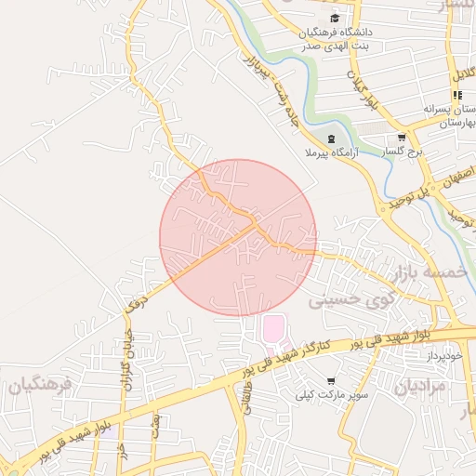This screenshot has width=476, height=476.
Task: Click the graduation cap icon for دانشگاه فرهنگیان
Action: pos(335,18)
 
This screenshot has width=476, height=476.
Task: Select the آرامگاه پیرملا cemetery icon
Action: pos(332,139)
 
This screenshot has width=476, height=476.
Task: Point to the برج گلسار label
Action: pos(405,151)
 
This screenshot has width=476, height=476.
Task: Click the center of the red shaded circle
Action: pos(238,237)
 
